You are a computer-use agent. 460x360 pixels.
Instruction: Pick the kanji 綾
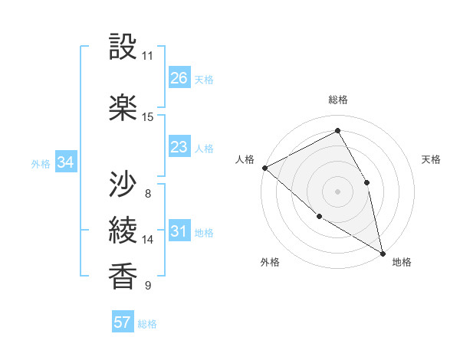123,230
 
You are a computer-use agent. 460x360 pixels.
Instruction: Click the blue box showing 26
179,78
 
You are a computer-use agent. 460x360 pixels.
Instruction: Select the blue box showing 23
179,147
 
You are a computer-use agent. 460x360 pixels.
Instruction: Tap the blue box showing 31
179,232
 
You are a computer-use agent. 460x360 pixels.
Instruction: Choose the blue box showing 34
66,162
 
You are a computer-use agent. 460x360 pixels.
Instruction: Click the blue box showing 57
123,322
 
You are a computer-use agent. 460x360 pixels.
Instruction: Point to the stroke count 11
148,56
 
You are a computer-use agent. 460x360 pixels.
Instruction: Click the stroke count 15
148,117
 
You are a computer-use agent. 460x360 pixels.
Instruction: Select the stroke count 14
148,240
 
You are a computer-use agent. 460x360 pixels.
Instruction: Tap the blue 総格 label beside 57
147,324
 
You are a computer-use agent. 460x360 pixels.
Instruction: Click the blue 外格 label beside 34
41,163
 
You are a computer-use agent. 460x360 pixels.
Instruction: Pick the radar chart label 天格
432,159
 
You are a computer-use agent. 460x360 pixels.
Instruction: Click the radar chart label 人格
245,159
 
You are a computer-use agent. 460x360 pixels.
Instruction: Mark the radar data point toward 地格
383,253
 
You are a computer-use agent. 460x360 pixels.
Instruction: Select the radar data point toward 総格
337,131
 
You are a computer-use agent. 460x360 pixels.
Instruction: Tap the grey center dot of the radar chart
337,191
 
